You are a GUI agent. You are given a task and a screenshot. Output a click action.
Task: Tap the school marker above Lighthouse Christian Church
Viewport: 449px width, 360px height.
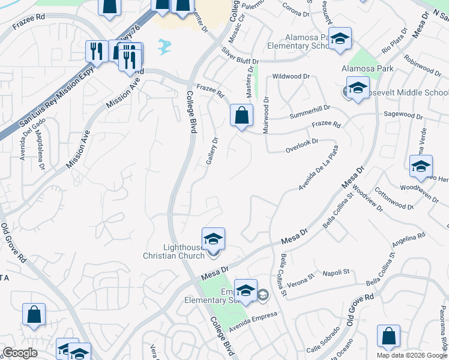click(x=213, y=239)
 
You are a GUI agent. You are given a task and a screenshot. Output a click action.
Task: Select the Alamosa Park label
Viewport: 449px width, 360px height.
click(x=367, y=68)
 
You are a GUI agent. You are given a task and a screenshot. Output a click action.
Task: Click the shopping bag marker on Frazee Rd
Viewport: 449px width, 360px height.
click(x=241, y=116)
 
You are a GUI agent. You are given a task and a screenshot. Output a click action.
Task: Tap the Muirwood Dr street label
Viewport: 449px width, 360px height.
click(x=265, y=115)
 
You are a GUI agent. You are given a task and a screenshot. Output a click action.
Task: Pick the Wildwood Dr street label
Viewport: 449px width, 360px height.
click(x=291, y=77)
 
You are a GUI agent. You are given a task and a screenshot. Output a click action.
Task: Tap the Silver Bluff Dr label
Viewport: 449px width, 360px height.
click(x=240, y=56)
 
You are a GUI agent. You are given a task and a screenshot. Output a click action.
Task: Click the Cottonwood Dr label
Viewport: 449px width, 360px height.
click(x=393, y=201)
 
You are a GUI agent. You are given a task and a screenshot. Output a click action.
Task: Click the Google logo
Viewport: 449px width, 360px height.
click(x=20, y=353)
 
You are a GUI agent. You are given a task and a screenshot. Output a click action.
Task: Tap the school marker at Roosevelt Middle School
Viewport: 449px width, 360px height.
click(x=358, y=90)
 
